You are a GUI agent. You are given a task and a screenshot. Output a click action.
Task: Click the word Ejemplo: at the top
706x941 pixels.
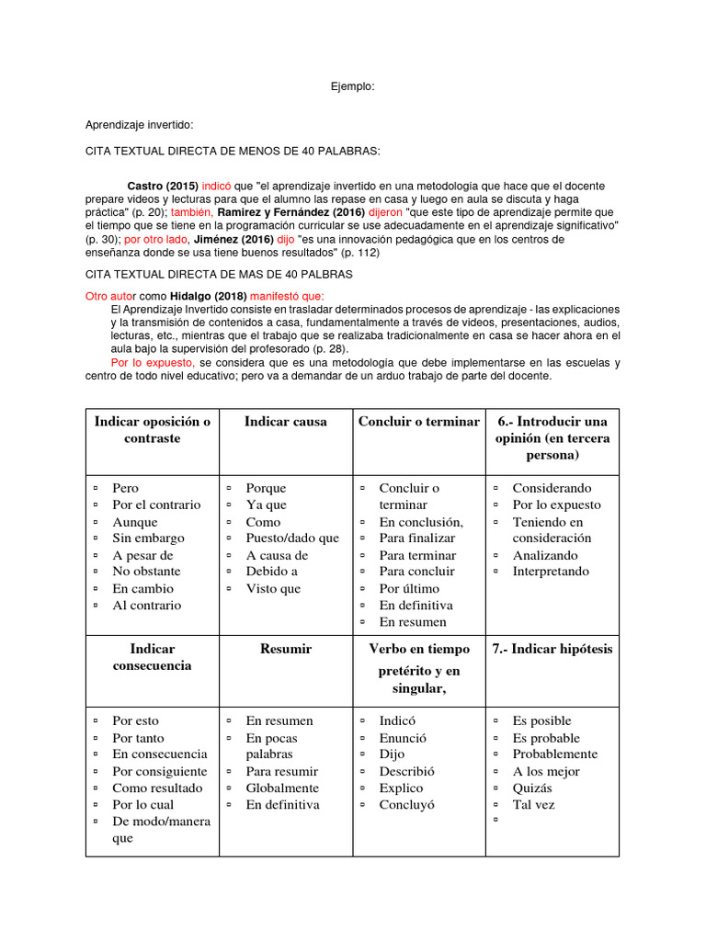pos(352,86)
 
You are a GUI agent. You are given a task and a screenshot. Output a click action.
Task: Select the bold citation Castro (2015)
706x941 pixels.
pos(162,185)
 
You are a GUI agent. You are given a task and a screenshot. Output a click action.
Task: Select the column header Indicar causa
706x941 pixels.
pos(285,422)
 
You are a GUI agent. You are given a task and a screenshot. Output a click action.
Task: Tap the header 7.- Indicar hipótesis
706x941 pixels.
pos(552,649)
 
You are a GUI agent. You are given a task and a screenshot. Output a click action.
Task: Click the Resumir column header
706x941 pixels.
pos(285,649)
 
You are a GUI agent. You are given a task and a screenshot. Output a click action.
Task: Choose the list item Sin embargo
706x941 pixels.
pos(148,539)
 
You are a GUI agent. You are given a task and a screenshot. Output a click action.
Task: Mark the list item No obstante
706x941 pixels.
pos(146,572)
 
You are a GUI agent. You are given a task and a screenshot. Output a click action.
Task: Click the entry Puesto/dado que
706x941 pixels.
pos(291,539)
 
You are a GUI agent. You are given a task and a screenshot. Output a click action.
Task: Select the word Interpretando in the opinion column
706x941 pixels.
pos(551,572)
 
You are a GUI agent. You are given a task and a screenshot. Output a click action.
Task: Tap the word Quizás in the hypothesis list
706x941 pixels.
pos(532,788)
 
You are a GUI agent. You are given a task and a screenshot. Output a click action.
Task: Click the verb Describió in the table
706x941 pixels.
pos(406,771)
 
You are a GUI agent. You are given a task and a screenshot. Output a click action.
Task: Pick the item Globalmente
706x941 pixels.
pos(282,788)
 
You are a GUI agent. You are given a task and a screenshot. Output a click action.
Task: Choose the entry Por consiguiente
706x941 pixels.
pos(159,771)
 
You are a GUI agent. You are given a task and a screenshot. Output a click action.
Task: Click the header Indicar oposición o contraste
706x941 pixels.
pos(152,430)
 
